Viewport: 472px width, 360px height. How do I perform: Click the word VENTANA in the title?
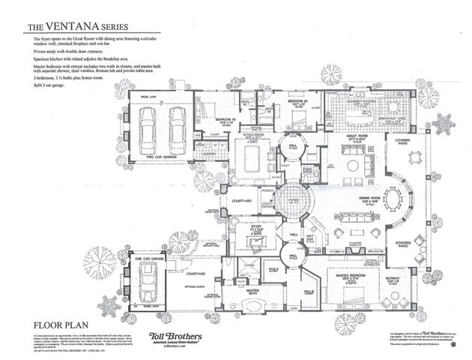(x=74, y=28)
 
